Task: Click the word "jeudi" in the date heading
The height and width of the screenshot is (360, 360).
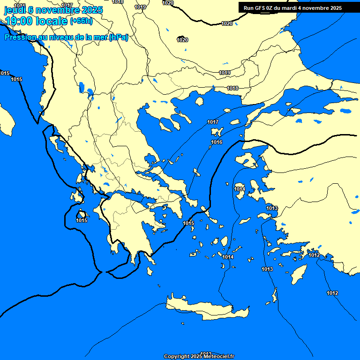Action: click(x=15, y=10)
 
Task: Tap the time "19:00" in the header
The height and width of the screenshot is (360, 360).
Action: click(x=19, y=21)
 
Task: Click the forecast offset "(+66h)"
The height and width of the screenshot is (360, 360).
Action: click(x=81, y=21)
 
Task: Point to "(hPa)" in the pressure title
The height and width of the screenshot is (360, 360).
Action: click(x=118, y=37)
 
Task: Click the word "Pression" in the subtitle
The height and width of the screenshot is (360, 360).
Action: click(x=21, y=37)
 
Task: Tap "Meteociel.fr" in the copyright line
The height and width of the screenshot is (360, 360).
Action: click(x=216, y=356)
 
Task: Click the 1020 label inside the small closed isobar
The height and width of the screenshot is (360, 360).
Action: click(x=182, y=40)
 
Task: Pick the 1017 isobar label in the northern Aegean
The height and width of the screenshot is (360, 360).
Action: click(x=213, y=122)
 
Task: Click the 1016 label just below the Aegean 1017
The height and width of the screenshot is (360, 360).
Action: click(x=217, y=142)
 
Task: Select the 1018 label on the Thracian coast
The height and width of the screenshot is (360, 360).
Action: click(x=232, y=88)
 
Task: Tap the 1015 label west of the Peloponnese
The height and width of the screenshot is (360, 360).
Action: click(x=82, y=220)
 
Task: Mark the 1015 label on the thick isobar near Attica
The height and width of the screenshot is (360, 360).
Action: click(x=188, y=223)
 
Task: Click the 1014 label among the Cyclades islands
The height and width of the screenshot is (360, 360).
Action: click(x=228, y=257)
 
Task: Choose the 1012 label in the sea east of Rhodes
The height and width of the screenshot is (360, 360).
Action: click(x=332, y=293)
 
